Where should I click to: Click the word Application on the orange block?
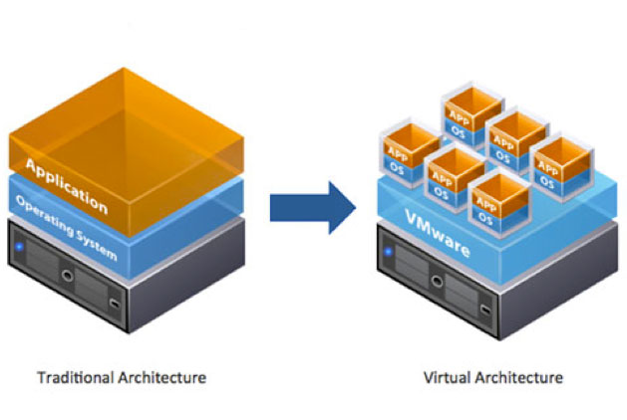coord(66,182)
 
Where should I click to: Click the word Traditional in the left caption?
coord(71,378)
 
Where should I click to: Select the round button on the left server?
coord(66,274)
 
